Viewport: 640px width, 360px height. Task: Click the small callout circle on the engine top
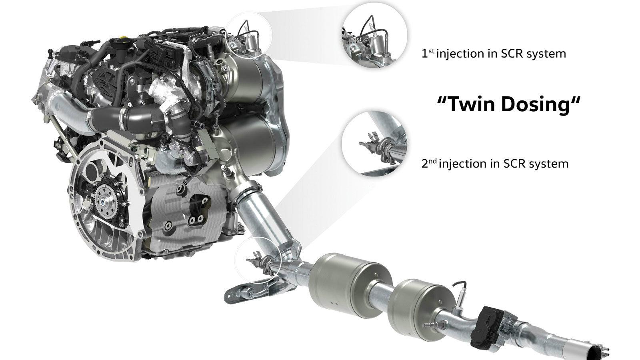click(249, 33)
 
